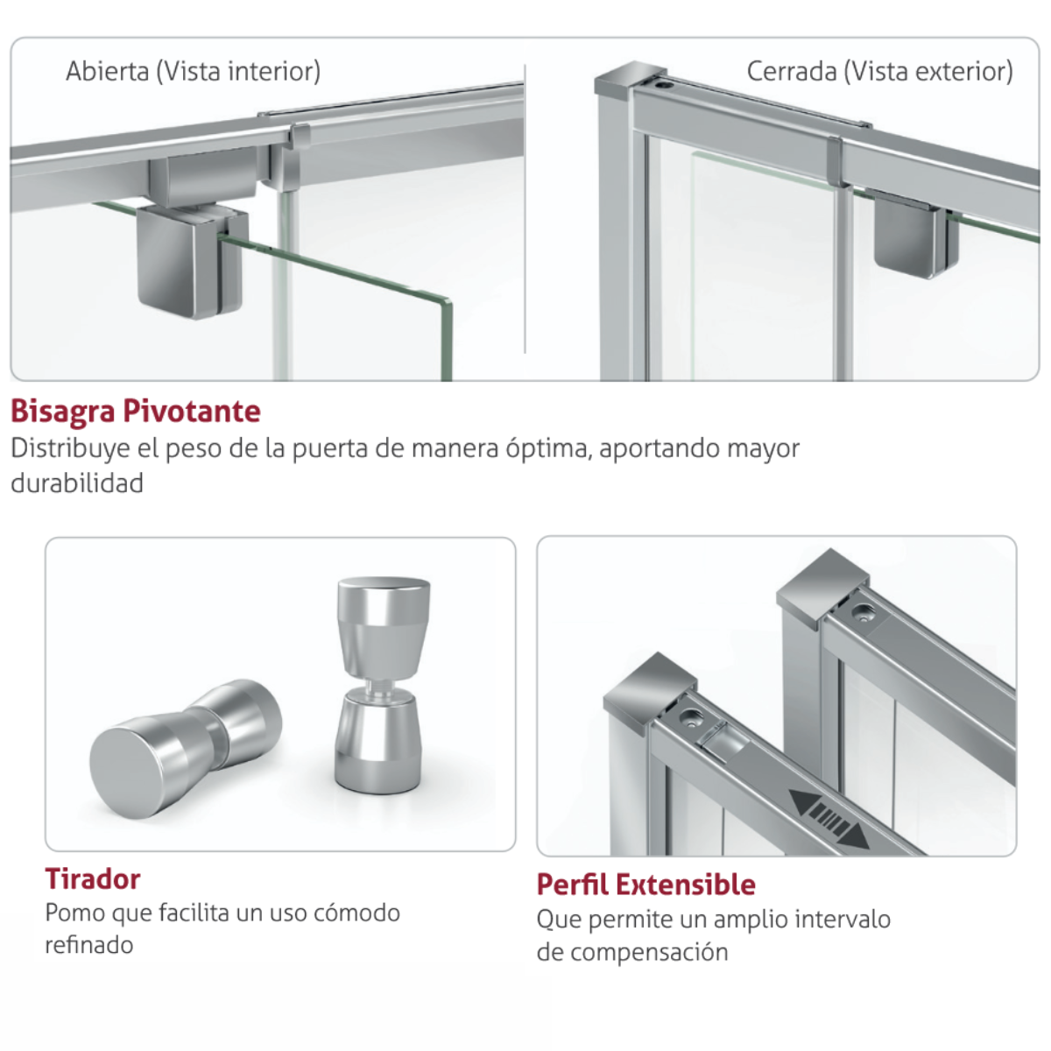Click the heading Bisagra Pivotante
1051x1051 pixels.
coord(136,412)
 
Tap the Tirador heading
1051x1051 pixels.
coord(93,878)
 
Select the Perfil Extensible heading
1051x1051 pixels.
coord(646,885)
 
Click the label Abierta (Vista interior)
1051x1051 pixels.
coord(193,72)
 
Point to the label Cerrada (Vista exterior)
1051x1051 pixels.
coord(879,72)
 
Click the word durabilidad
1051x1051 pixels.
coord(77,483)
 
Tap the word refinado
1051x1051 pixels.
coord(89,945)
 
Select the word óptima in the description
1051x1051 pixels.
coord(548,449)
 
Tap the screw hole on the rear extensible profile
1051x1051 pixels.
coord(863,613)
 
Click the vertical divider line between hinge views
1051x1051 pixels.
coord(525,208)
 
